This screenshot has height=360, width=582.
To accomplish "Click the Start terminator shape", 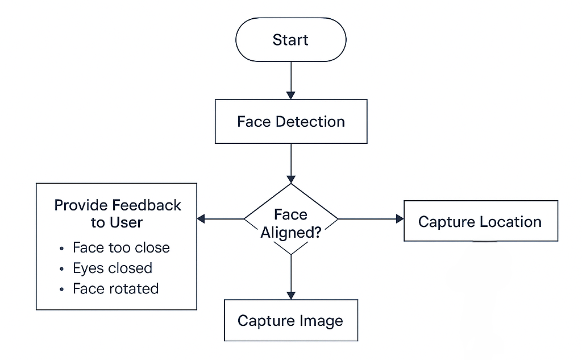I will [x=290, y=40].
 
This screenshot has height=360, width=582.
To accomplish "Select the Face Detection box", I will [x=290, y=122].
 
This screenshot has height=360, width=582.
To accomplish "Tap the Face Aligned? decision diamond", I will [x=290, y=219].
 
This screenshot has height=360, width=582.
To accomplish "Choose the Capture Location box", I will [x=480, y=221].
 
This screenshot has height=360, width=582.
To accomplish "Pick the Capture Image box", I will [x=290, y=321].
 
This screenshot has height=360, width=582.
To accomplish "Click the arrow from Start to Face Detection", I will [x=291, y=80].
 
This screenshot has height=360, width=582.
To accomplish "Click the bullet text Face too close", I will [x=121, y=248].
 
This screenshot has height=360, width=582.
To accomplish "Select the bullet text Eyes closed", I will [x=113, y=268].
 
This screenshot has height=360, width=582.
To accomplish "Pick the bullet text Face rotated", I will [x=115, y=289].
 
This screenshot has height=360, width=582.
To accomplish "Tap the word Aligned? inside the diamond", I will [x=291, y=233].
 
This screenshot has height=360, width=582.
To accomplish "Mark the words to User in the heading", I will [x=117, y=222].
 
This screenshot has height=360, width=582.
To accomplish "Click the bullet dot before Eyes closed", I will [x=61, y=269].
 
